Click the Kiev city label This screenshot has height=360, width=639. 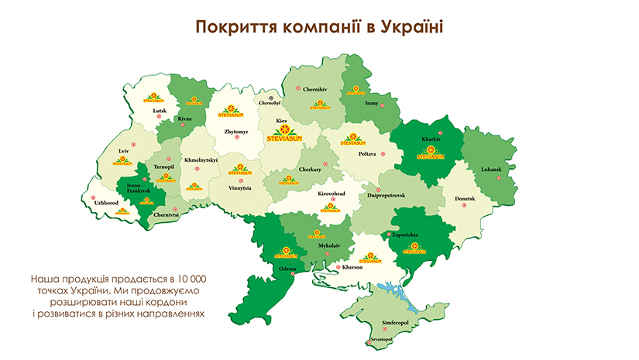tap(282, 122)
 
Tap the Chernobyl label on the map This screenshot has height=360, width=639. tap(270, 102)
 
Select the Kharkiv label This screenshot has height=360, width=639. tap(431, 139)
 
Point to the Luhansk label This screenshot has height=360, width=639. tap(491, 169)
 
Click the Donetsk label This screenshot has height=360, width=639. tap(465, 198)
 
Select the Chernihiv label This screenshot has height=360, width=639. tap(316, 89)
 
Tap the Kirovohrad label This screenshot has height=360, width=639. tap(334, 194)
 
